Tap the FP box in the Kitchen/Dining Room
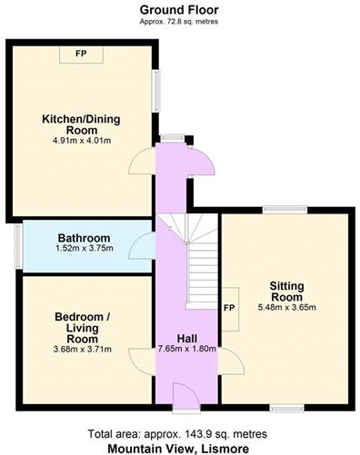pos(82,53)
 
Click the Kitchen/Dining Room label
pos(81,124)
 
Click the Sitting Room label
pos(285,292)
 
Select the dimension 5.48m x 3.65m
pos(285,307)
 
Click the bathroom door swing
pos(142,245)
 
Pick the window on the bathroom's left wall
pos(17,245)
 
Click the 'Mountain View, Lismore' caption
pos(178,447)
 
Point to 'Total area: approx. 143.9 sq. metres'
pos(178,432)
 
